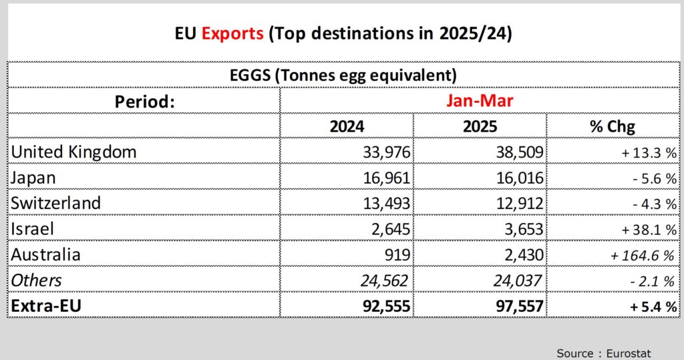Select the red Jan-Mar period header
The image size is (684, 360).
point(479,101)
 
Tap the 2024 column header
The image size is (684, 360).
point(347,126)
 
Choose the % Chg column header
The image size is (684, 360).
point(613,126)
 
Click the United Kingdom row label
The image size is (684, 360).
point(73,152)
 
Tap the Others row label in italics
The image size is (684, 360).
point(36,281)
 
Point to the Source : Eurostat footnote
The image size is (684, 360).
point(603,353)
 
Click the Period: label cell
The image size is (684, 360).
point(144,102)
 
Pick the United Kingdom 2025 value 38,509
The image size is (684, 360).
point(516,152)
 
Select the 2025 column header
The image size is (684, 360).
point(479,126)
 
